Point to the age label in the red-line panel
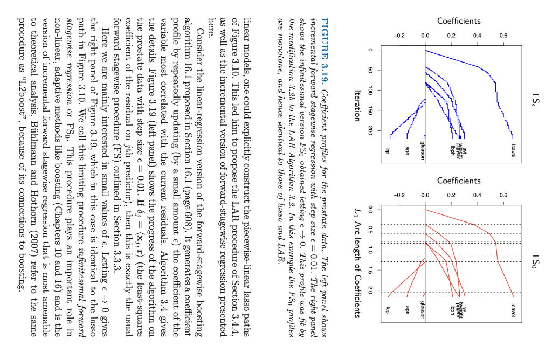(x=407, y=311)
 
